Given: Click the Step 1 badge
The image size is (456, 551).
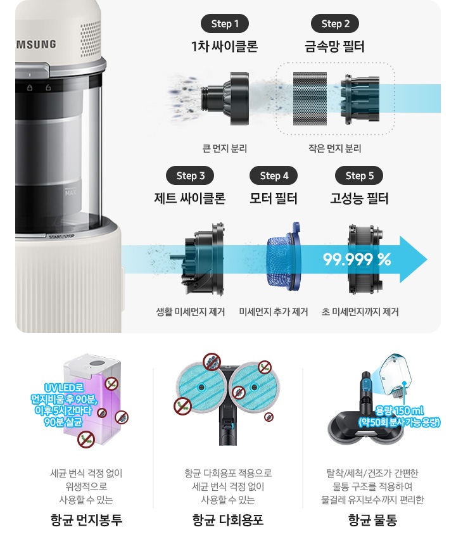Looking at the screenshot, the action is point(225,24).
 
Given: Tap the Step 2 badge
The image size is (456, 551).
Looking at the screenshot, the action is point(335,24).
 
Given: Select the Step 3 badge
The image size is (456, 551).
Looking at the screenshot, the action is point(190,175).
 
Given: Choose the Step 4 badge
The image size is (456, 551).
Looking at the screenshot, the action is point(274,175).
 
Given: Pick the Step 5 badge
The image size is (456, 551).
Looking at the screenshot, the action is point(359,175).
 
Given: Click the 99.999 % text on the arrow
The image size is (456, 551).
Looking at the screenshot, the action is point(357,260).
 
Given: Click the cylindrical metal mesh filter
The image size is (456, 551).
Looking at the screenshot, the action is point(310,99).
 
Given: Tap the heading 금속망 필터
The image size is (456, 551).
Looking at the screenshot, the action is point(335,46).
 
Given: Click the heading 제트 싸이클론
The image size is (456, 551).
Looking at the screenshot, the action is point(190,198).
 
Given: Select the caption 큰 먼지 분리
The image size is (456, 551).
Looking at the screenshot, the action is point(225,149).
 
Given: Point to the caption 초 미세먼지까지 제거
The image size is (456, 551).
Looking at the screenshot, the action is point(360,312).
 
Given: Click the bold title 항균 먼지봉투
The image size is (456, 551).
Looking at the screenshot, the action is point(86,520).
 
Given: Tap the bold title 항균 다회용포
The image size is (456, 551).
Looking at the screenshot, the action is point(228,520).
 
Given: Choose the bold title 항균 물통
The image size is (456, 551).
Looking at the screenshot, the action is point(372,520).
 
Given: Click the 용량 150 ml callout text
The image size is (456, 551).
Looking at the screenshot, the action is point(399,410).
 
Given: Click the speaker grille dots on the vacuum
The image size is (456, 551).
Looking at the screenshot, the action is point(91,41).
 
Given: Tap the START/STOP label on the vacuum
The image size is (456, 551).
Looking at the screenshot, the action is point(62,236).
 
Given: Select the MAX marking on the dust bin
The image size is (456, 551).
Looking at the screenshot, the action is point(70,193).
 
